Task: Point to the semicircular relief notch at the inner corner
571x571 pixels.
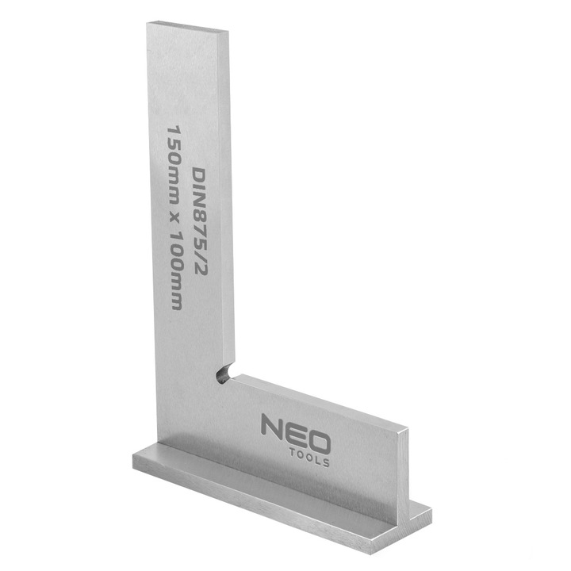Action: (224, 372)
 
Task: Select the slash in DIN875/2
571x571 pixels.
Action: (198, 252)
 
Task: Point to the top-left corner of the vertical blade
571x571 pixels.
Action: (148, 24)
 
